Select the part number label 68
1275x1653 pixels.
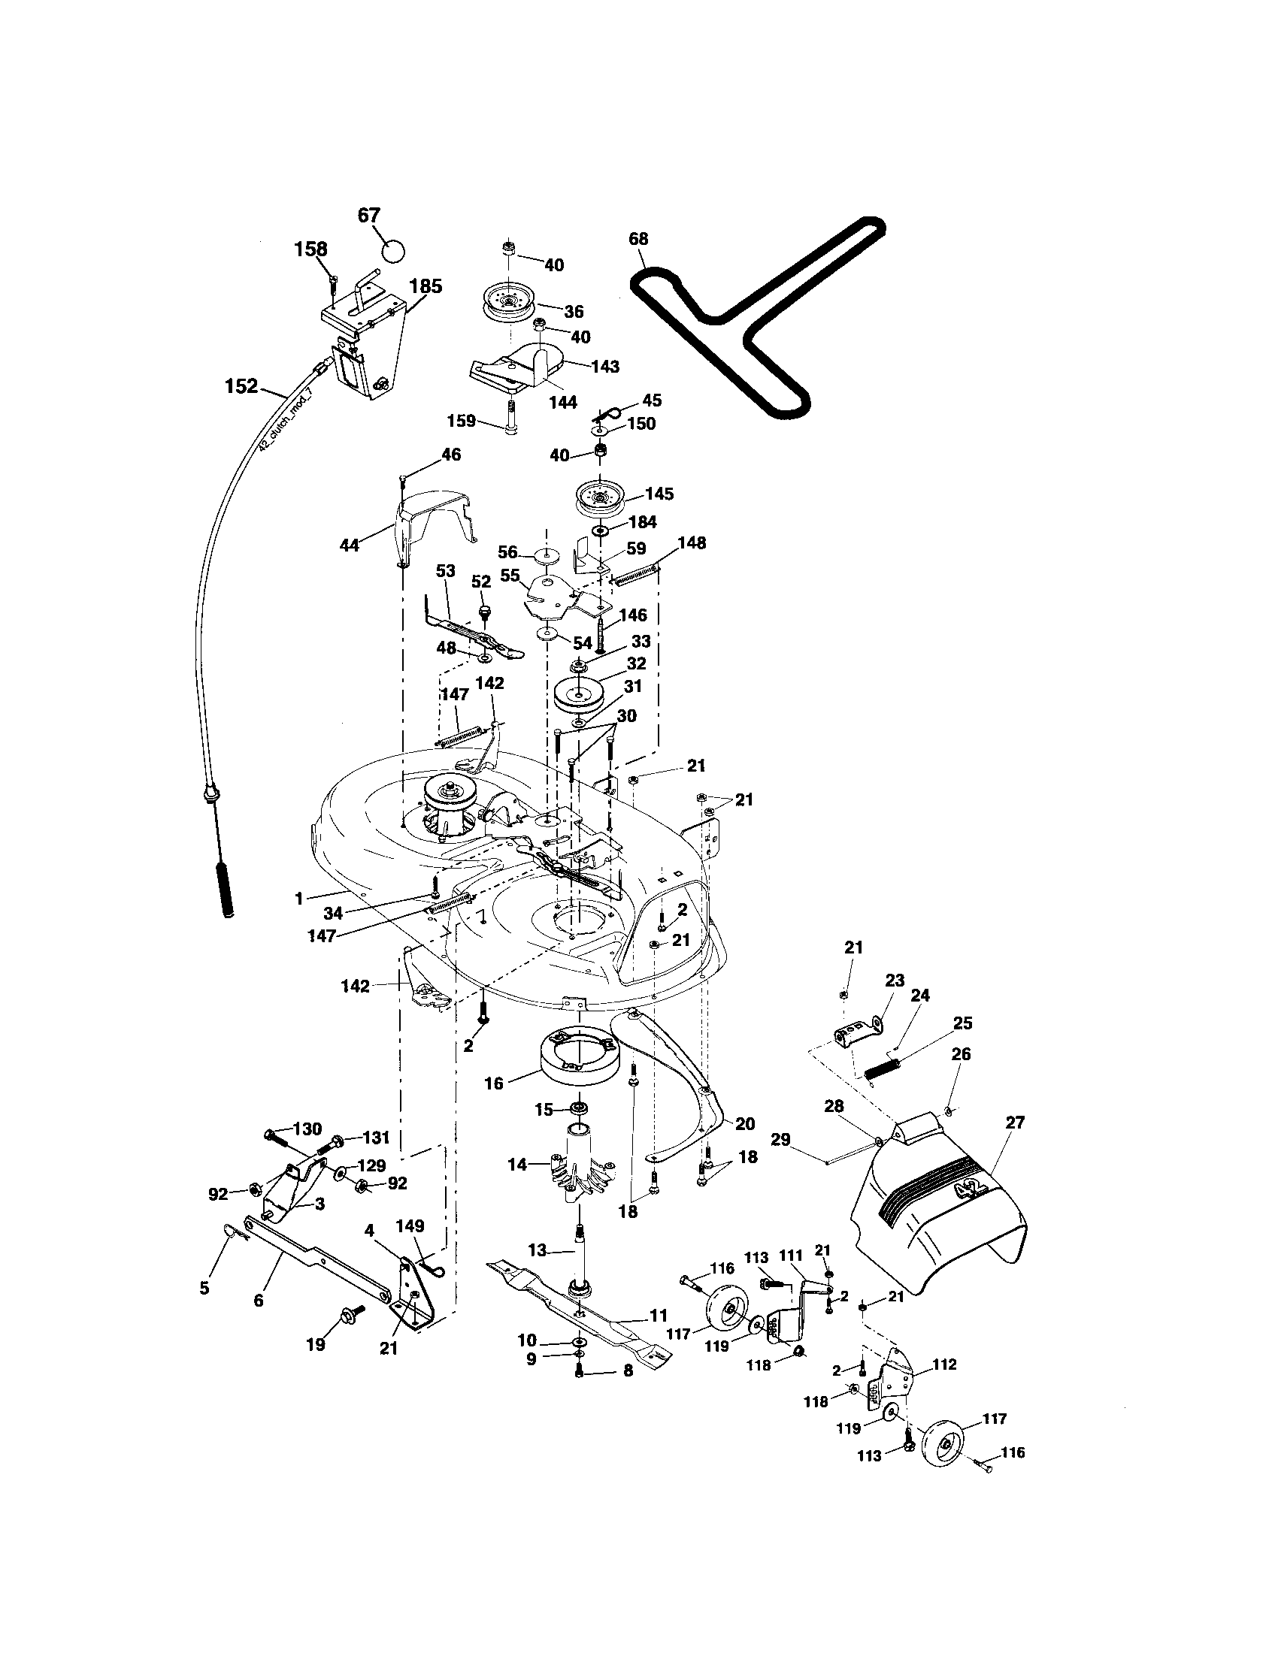click(x=638, y=239)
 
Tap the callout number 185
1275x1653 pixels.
click(x=426, y=286)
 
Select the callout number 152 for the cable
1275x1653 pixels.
click(x=241, y=386)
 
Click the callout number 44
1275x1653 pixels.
click(x=349, y=545)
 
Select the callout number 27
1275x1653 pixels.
click(x=1015, y=1122)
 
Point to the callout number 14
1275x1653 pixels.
click(x=517, y=1165)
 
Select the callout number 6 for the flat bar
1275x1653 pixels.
click(x=259, y=1301)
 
